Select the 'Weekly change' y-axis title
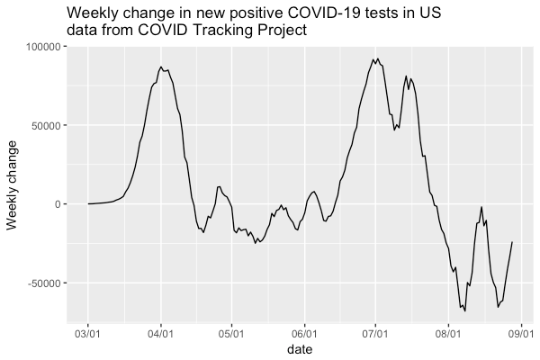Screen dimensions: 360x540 13,184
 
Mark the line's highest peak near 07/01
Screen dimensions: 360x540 376,58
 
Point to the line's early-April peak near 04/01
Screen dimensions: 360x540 161,67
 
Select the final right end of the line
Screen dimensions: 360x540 512,241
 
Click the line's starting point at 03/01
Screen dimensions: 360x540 88,203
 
